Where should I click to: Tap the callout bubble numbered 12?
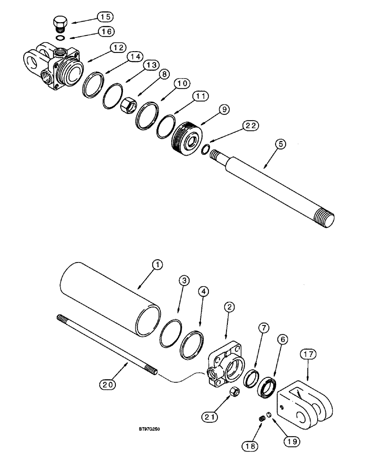(x=118, y=48)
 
